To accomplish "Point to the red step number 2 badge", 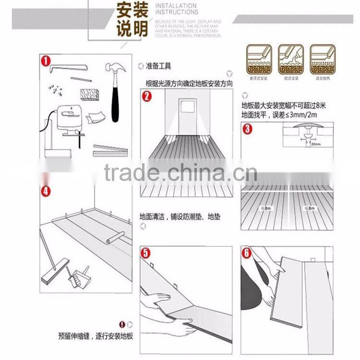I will [147, 96].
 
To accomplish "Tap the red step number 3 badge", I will [246, 129].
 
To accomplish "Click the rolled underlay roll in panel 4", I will [116, 236].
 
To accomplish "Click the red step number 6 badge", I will [246, 253].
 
